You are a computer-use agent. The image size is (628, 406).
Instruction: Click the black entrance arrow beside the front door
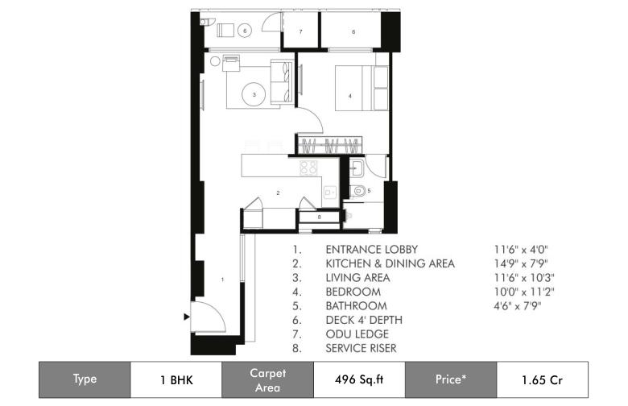click(186, 317)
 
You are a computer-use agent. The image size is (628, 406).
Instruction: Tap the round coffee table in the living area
click(254, 94)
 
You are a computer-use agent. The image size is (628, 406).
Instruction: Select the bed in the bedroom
click(362, 88)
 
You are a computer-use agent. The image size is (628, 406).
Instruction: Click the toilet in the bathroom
click(358, 191)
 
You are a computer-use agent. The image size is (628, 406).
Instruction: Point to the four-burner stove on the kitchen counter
click(308, 168)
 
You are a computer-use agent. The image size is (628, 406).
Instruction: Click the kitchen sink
click(330, 193)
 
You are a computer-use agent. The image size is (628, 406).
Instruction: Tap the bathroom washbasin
click(356, 168)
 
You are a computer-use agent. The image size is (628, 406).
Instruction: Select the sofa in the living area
click(282, 81)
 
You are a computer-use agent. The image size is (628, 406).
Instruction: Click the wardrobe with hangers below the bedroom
click(329, 145)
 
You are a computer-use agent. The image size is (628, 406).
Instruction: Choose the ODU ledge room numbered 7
click(301, 31)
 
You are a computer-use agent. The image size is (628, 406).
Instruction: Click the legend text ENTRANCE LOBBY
click(372, 249)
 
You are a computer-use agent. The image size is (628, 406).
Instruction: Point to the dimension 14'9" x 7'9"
click(521, 263)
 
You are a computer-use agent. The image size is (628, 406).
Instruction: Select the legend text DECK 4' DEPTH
click(364, 320)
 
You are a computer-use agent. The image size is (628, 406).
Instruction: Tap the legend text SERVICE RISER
click(361, 348)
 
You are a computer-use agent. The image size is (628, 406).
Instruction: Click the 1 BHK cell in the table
click(176, 379)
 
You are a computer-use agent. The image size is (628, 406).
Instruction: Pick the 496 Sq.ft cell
click(359, 379)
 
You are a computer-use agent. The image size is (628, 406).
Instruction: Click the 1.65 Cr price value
click(543, 379)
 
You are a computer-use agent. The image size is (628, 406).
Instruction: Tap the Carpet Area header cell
click(267, 379)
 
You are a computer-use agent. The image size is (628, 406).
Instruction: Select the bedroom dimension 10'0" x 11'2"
click(524, 292)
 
